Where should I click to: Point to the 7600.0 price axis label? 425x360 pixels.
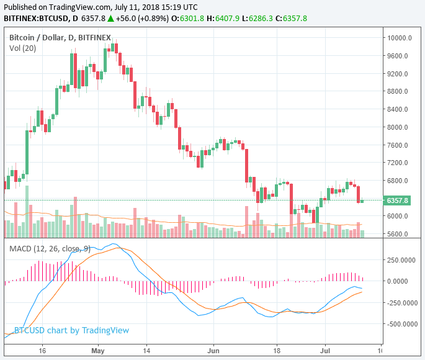(x=397, y=145)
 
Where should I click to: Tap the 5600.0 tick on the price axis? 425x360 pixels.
(x=397, y=235)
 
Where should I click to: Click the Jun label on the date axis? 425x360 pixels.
(x=213, y=350)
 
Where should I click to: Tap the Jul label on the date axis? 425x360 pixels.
(x=325, y=350)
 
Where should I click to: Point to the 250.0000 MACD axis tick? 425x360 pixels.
(x=400, y=259)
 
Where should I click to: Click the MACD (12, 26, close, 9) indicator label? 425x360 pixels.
(x=50, y=249)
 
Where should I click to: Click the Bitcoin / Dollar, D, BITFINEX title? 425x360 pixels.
(x=60, y=38)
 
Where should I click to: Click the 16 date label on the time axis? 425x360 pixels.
(x=42, y=350)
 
